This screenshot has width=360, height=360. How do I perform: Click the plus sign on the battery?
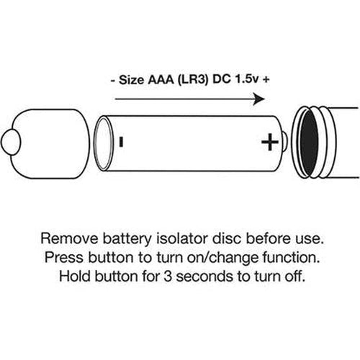[270, 142]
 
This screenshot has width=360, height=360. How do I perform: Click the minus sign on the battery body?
[121, 142]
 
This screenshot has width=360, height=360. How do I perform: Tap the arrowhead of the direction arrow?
[258, 99]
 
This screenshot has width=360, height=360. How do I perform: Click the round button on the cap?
[11, 142]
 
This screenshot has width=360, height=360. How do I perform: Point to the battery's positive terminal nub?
[284, 142]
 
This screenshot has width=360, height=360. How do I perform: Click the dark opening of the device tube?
[310, 143]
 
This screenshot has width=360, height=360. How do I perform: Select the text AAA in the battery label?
[161, 80]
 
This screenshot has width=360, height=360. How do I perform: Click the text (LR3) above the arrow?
[193, 80]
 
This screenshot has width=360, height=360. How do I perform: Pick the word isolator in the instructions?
[182, 239]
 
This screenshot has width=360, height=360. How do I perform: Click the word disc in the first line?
[227, 239]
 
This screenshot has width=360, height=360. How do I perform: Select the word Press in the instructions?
[63, 258]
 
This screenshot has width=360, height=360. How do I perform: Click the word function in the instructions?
[291, 258]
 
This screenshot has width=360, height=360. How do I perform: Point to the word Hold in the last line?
[74, 276]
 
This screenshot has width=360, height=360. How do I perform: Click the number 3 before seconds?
[168, 276]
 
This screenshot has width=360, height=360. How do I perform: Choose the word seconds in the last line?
[204, 276]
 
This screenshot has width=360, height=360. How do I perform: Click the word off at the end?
[295, 276]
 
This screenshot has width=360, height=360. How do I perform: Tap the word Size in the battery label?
[131, 80]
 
